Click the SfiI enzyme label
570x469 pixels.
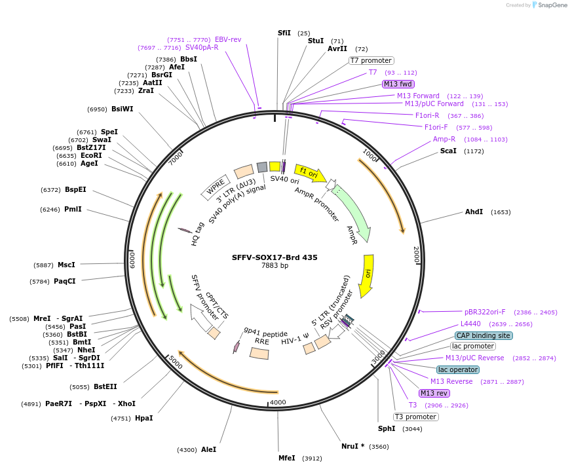284,33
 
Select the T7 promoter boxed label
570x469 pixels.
371,60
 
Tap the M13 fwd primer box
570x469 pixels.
398,84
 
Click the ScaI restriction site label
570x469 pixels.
448,151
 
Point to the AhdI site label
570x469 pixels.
474,212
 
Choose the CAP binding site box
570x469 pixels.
484,335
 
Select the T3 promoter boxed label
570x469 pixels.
415,417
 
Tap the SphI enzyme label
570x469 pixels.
387,428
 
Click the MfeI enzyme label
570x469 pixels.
287,458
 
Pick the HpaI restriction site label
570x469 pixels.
143,418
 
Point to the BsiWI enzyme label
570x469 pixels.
122,109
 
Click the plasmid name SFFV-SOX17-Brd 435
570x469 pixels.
275,257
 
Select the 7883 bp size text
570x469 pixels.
275,266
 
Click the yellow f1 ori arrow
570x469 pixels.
310,174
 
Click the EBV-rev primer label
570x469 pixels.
228,39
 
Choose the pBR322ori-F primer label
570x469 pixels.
485,312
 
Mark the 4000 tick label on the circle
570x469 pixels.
278,402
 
